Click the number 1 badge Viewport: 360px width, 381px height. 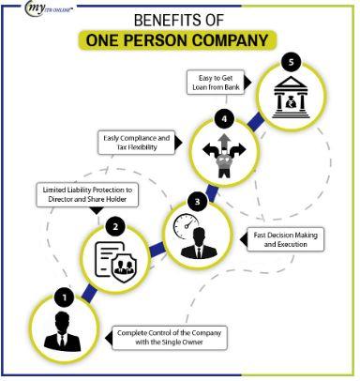coord(64,297)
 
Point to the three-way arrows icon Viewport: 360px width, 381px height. coord(226,149)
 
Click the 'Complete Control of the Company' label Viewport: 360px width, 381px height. coord(173,335)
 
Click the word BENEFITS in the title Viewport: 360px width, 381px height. coord(163,20)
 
